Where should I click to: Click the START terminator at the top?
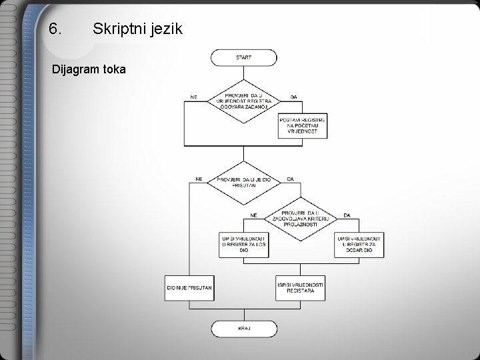point(243,57)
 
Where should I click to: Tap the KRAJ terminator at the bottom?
point(243,329)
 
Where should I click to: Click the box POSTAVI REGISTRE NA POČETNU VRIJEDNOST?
point(303,125)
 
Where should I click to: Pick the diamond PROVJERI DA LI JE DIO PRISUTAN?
point(244,182)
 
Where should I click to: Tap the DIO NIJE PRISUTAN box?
point(189,287)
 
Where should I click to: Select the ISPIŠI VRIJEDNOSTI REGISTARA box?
point(301,287)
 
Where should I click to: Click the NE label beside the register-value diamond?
point(194,97)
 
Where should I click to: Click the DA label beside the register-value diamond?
point(293,97)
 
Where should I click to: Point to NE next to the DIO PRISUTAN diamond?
point(199,179)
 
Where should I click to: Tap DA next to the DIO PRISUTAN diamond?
point(290,179)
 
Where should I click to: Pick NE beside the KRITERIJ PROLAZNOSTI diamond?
point(254,215)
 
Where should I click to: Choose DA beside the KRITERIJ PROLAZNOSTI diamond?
point(347,215)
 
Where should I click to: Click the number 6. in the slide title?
point(56,29)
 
